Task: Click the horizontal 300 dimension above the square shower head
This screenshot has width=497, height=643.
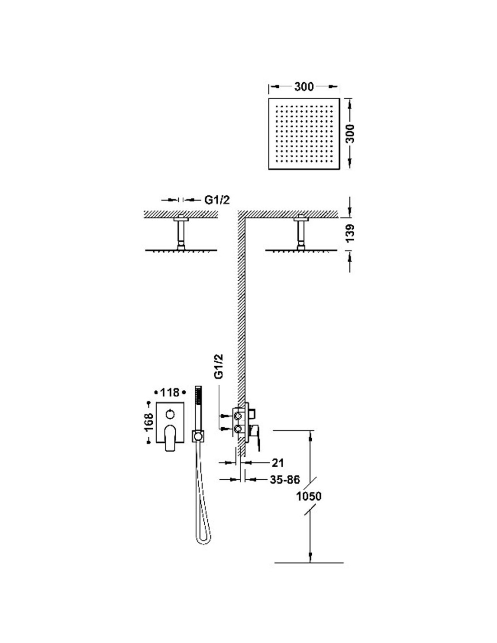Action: pyautogui.click(x=304, y=87)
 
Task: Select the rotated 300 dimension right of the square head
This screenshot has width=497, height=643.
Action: pyautogui.click(x=351, y=134)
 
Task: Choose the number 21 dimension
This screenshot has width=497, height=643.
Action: pyautogui.click(x=277, y=462)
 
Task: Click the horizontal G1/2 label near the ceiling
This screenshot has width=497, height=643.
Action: pyautogui.click(x=217, y=200)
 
